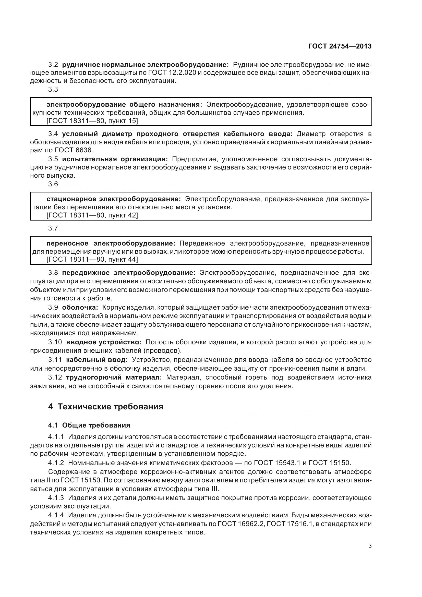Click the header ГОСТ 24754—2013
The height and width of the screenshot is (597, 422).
point(340,46)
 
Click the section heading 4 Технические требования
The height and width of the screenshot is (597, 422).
point(106,406)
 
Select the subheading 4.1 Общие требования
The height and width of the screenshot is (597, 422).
point(89,425)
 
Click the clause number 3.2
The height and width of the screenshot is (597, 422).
point(53,64)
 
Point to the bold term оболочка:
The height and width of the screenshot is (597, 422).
point(80,307)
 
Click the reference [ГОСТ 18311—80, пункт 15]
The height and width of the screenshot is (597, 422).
point(92,121)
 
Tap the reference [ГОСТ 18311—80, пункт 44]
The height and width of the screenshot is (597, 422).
point(92,259)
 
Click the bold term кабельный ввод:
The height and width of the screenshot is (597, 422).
point(97,360)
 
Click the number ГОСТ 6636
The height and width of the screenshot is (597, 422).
point(74,150)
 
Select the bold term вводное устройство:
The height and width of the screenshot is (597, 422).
point(104,342)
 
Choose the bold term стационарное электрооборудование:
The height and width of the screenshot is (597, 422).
point(114,199)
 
